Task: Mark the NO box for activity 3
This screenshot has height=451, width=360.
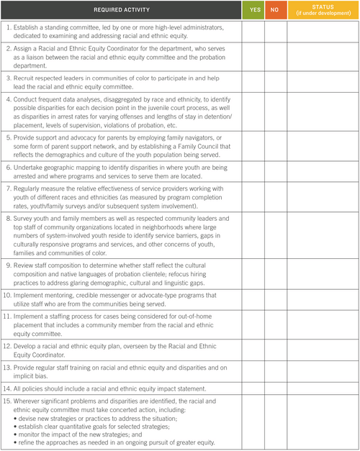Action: click(x=276, y=81)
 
